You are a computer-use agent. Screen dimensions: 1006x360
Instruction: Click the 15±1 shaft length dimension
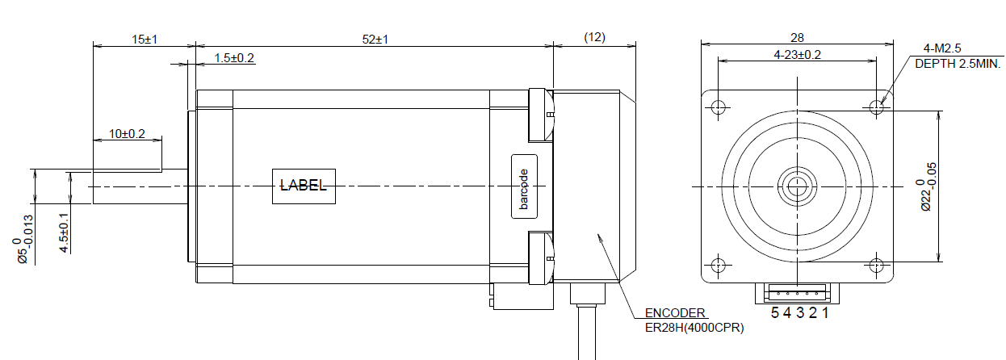(x=145, y=40)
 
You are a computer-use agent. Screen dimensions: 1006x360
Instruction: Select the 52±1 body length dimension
(x=375, y=40)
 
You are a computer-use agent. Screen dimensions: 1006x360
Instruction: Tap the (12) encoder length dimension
(x=594, y=37)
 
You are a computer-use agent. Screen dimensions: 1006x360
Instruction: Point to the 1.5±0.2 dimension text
(x=234, y=58)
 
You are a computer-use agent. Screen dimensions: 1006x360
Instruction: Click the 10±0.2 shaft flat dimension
(x=127, y=134)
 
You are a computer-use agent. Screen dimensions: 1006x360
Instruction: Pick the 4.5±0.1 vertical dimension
(x=65, y=233)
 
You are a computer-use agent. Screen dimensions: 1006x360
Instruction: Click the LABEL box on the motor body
(x=304, y=186)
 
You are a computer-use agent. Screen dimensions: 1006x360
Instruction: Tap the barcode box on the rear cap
(x=524, y=186)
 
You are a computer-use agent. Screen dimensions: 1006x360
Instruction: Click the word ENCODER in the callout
(x=675, y=313)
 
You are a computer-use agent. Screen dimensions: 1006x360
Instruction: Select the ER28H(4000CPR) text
(x=694, y=328)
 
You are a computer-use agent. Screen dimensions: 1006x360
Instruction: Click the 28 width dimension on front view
(x=797, y=38)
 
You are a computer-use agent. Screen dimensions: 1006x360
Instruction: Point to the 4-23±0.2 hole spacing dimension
(x=797, y=55)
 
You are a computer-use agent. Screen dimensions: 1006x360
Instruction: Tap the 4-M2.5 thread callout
(x=942, y=48)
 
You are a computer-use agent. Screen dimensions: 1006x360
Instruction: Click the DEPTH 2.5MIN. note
(x=958, y=64)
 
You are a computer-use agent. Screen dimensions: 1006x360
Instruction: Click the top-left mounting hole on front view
(x=718, y=107)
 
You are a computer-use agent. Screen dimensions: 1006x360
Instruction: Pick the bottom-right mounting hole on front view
(x=876, y=266)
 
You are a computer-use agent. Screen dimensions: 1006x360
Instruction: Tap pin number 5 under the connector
(x=775, y=313)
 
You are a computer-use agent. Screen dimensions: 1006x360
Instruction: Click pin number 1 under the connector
(x=825, y=313)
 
